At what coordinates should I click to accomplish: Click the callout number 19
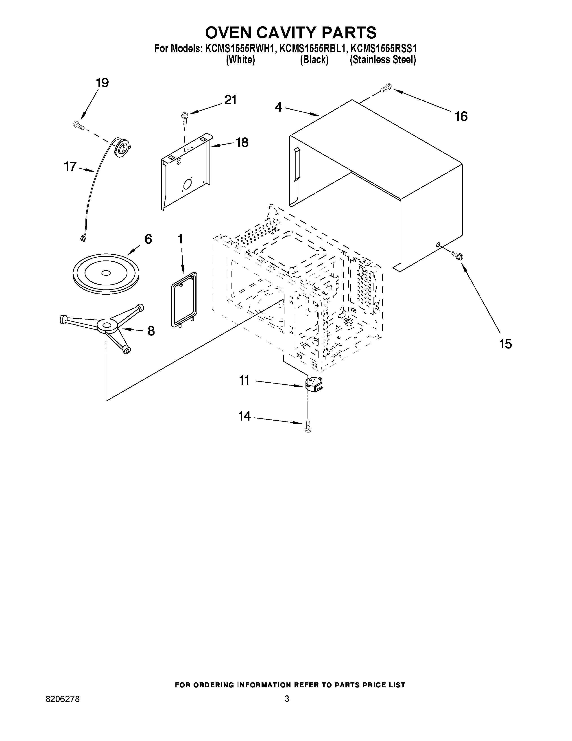[x=102, y=83]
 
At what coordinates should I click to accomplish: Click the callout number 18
[x=242, y=143]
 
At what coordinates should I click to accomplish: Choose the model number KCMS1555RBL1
[x=312, y=49]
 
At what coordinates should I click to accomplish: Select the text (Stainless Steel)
[x=383, y=60]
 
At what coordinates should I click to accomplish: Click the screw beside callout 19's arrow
[x=78, y=125]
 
